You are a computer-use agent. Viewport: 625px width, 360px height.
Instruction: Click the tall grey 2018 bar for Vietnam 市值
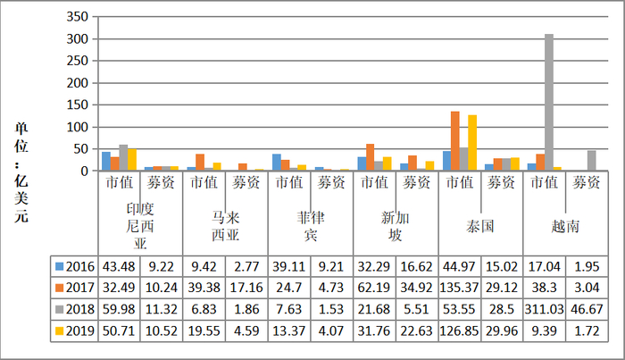[x=549, y=103]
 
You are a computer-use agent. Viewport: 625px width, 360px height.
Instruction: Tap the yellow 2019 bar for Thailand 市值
[x=472, y=143]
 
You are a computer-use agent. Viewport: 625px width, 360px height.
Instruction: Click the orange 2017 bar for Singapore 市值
[x=370, y=157]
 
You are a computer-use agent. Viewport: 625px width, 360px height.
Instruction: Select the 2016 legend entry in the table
[x=75, y=266]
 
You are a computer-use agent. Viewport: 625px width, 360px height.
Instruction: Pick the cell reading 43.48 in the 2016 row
[x=119, y=266]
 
